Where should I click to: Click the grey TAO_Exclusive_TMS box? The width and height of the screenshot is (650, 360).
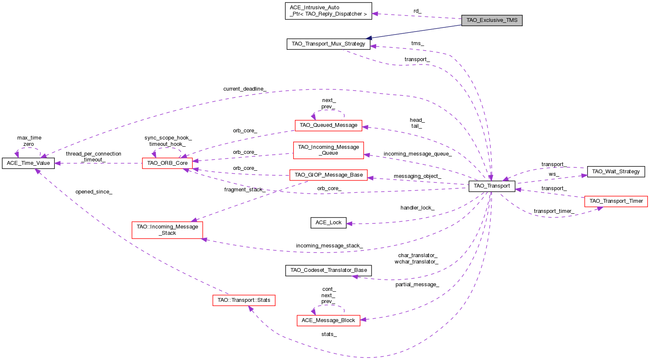492,20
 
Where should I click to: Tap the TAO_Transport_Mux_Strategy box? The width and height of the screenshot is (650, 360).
328,44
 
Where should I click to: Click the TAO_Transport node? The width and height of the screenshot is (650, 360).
492,186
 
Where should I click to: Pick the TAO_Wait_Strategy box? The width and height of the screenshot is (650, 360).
615,172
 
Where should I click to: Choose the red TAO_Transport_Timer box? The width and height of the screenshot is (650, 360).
615,201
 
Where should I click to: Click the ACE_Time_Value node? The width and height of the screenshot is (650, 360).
28,163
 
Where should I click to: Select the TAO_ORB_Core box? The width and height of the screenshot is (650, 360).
167,163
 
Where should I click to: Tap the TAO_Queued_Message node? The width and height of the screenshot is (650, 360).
328,125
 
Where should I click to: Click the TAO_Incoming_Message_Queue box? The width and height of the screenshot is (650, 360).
328,150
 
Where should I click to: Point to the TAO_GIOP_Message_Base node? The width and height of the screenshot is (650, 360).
328,175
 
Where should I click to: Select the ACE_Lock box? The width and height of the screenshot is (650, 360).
328,223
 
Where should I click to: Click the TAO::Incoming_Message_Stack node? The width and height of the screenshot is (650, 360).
167,230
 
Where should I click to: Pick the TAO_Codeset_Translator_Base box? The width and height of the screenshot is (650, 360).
328,270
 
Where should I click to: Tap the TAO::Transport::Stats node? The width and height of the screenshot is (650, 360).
243,301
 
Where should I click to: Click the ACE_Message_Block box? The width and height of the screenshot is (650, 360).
328,320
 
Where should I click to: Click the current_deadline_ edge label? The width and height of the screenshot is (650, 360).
244,89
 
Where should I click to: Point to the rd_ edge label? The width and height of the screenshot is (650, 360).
417,11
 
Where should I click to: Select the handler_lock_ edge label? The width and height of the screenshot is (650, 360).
417,208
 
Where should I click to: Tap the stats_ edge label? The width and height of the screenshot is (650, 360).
329,334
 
